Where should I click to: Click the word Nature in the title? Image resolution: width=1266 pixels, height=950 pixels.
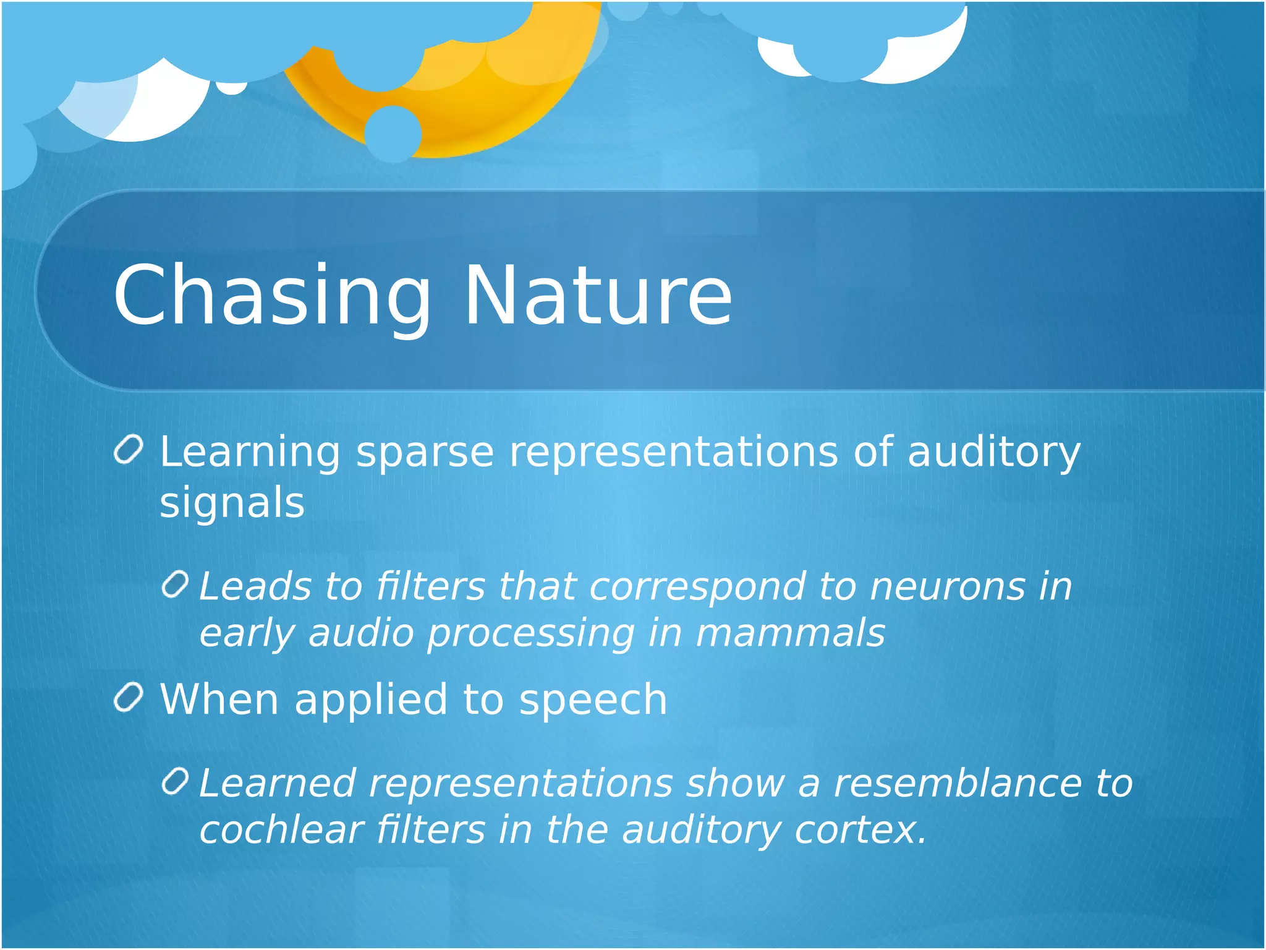tap(598, 296)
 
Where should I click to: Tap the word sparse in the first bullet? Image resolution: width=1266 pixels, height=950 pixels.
tap(425, 452)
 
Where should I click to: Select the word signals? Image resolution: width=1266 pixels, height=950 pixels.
tap(232, 502)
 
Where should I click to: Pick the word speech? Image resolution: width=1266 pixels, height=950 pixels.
tap(593, 700)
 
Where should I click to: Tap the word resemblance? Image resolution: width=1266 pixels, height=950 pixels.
tap(958, 784)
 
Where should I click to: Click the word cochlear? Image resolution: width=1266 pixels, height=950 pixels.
tap(281, 830)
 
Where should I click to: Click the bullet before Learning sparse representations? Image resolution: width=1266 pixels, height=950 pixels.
tap(129, 450)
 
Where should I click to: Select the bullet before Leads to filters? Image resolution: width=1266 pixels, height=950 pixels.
tap(175, 584)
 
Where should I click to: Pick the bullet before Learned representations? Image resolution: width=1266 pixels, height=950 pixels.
tap(175, 782)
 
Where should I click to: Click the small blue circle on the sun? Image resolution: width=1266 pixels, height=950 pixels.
tap(393, 134)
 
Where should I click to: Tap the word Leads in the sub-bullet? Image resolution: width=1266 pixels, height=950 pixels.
tap(255, 586)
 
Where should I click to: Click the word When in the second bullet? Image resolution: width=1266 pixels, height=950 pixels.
tap(219, 700)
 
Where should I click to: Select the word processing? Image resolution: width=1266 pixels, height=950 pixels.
tap(531, 634)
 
